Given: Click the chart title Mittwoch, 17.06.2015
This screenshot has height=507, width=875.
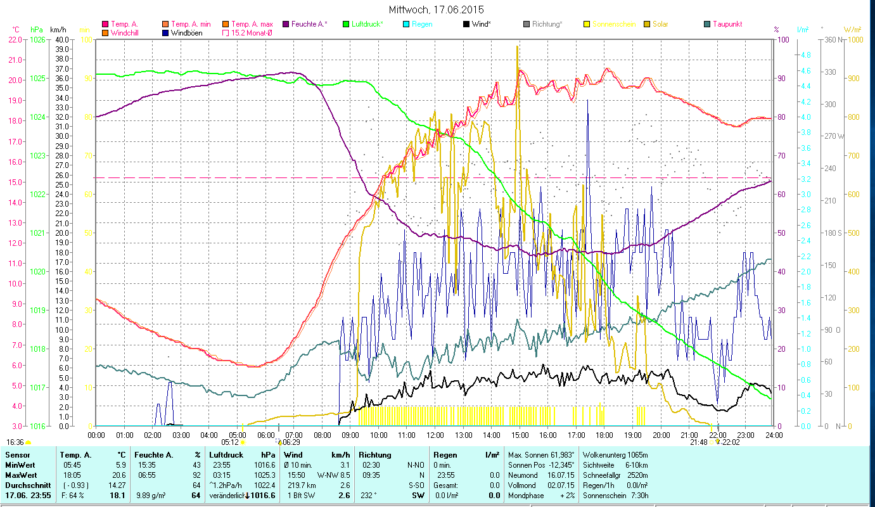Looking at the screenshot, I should [437, 10].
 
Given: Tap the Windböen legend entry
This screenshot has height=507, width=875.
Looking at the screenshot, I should [186, 32].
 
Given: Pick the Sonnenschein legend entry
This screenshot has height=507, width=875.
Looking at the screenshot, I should [613, 24].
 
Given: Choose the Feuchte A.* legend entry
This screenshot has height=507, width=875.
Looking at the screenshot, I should [310, 24].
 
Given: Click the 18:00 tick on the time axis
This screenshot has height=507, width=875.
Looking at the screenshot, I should [604, 435].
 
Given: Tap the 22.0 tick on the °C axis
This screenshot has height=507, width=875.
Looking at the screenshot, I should [15, 39].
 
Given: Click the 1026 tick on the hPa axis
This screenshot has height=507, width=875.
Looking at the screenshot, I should [37, 39].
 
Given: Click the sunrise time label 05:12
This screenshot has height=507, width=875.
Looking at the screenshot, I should [230, 442].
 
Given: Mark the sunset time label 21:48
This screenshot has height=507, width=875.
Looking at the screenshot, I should [699, 442].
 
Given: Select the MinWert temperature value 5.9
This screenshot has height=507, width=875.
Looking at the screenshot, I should [121, 465].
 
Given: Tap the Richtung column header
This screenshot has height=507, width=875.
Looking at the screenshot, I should [375, 454].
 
